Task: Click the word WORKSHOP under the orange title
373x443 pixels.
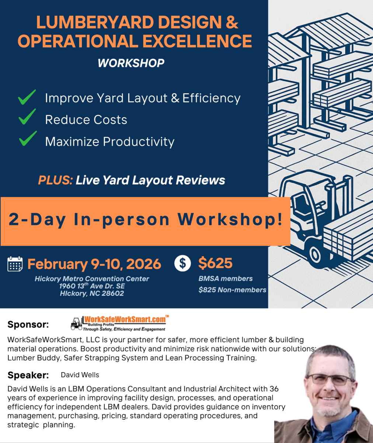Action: (x=131, y=63)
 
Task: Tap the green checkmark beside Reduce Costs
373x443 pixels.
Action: (x=27, y=117)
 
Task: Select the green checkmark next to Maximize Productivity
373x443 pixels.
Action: (x=28, y=138)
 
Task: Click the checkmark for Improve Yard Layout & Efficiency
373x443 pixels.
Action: (x=27, y=97)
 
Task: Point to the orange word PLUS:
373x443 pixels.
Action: (x=56, y=180)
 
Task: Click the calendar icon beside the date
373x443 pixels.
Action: (x=15, y=264)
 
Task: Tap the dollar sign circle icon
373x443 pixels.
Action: (x=182, y=263)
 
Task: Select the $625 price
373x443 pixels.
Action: (x=215, y=263)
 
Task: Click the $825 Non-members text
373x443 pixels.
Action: (x=232, y=290)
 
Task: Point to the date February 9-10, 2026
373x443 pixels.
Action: (x=94, y=264)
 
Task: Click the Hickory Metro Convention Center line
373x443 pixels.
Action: (x=92, y=279)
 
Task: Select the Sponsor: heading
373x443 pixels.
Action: (x=28, y=324)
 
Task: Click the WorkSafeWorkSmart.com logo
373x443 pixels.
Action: (x=119, y=323)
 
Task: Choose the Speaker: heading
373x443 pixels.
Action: (x=28, y=375)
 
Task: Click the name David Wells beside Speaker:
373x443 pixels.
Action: (x=80, y=375)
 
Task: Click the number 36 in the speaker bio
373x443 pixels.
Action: (x=274, y=389)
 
